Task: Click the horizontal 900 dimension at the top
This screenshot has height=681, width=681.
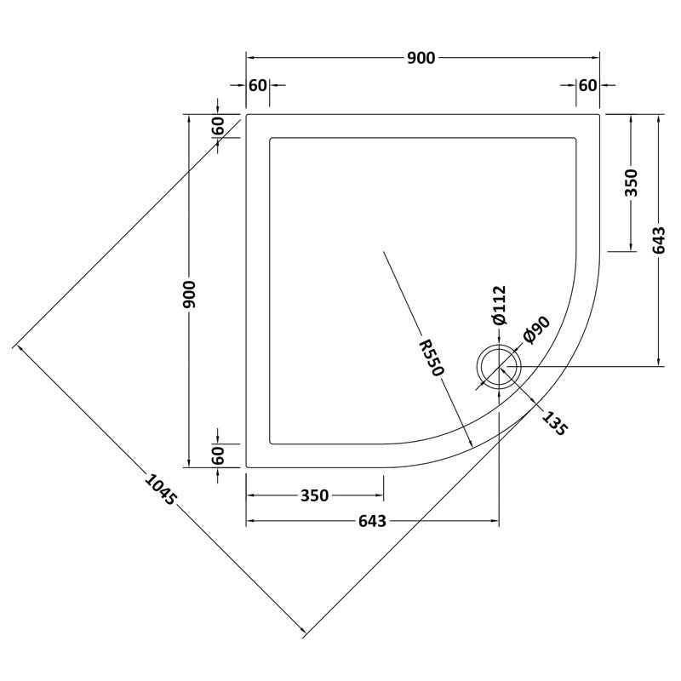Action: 422,58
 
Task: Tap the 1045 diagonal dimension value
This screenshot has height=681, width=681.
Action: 160,493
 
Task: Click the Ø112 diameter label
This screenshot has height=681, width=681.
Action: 499,306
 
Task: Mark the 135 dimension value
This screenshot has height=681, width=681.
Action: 552,422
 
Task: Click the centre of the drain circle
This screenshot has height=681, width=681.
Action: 498,366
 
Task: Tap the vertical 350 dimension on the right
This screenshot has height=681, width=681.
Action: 631,183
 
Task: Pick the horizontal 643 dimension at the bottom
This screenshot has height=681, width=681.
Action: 372,521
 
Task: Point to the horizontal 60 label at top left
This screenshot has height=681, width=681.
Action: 258,85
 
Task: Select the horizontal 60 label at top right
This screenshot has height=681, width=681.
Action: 587,85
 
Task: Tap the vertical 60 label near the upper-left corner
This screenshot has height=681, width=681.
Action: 218,126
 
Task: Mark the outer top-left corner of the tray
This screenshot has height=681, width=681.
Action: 247,113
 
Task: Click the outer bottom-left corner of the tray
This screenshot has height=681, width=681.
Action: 247,466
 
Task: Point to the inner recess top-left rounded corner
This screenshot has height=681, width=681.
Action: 272,139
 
